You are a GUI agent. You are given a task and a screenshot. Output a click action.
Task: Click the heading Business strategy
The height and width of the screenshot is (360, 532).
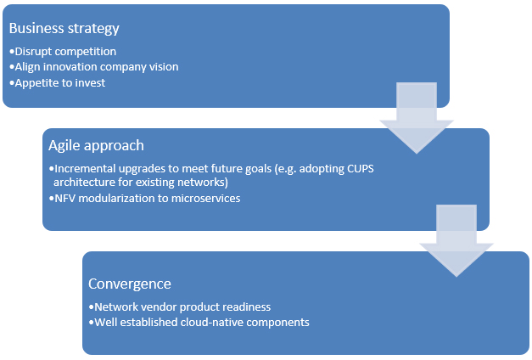(64, 27)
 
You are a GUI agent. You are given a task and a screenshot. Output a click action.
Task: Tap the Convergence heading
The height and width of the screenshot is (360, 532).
(131, 283)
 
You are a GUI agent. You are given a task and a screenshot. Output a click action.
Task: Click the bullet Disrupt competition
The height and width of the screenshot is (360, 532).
(64, 52)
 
